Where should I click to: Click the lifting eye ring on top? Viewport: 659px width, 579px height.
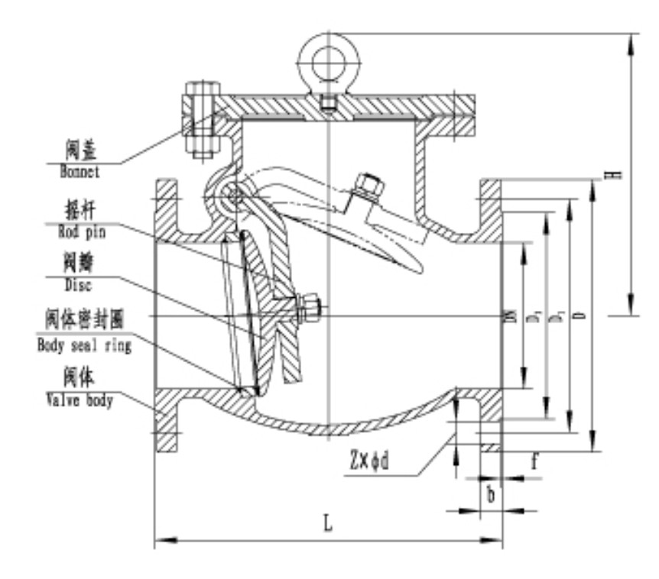coord(326,53)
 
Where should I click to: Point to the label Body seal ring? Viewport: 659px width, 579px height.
coord(84,344)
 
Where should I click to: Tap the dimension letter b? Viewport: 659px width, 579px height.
coord(491,494)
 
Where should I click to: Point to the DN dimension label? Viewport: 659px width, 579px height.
coord(510,315)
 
